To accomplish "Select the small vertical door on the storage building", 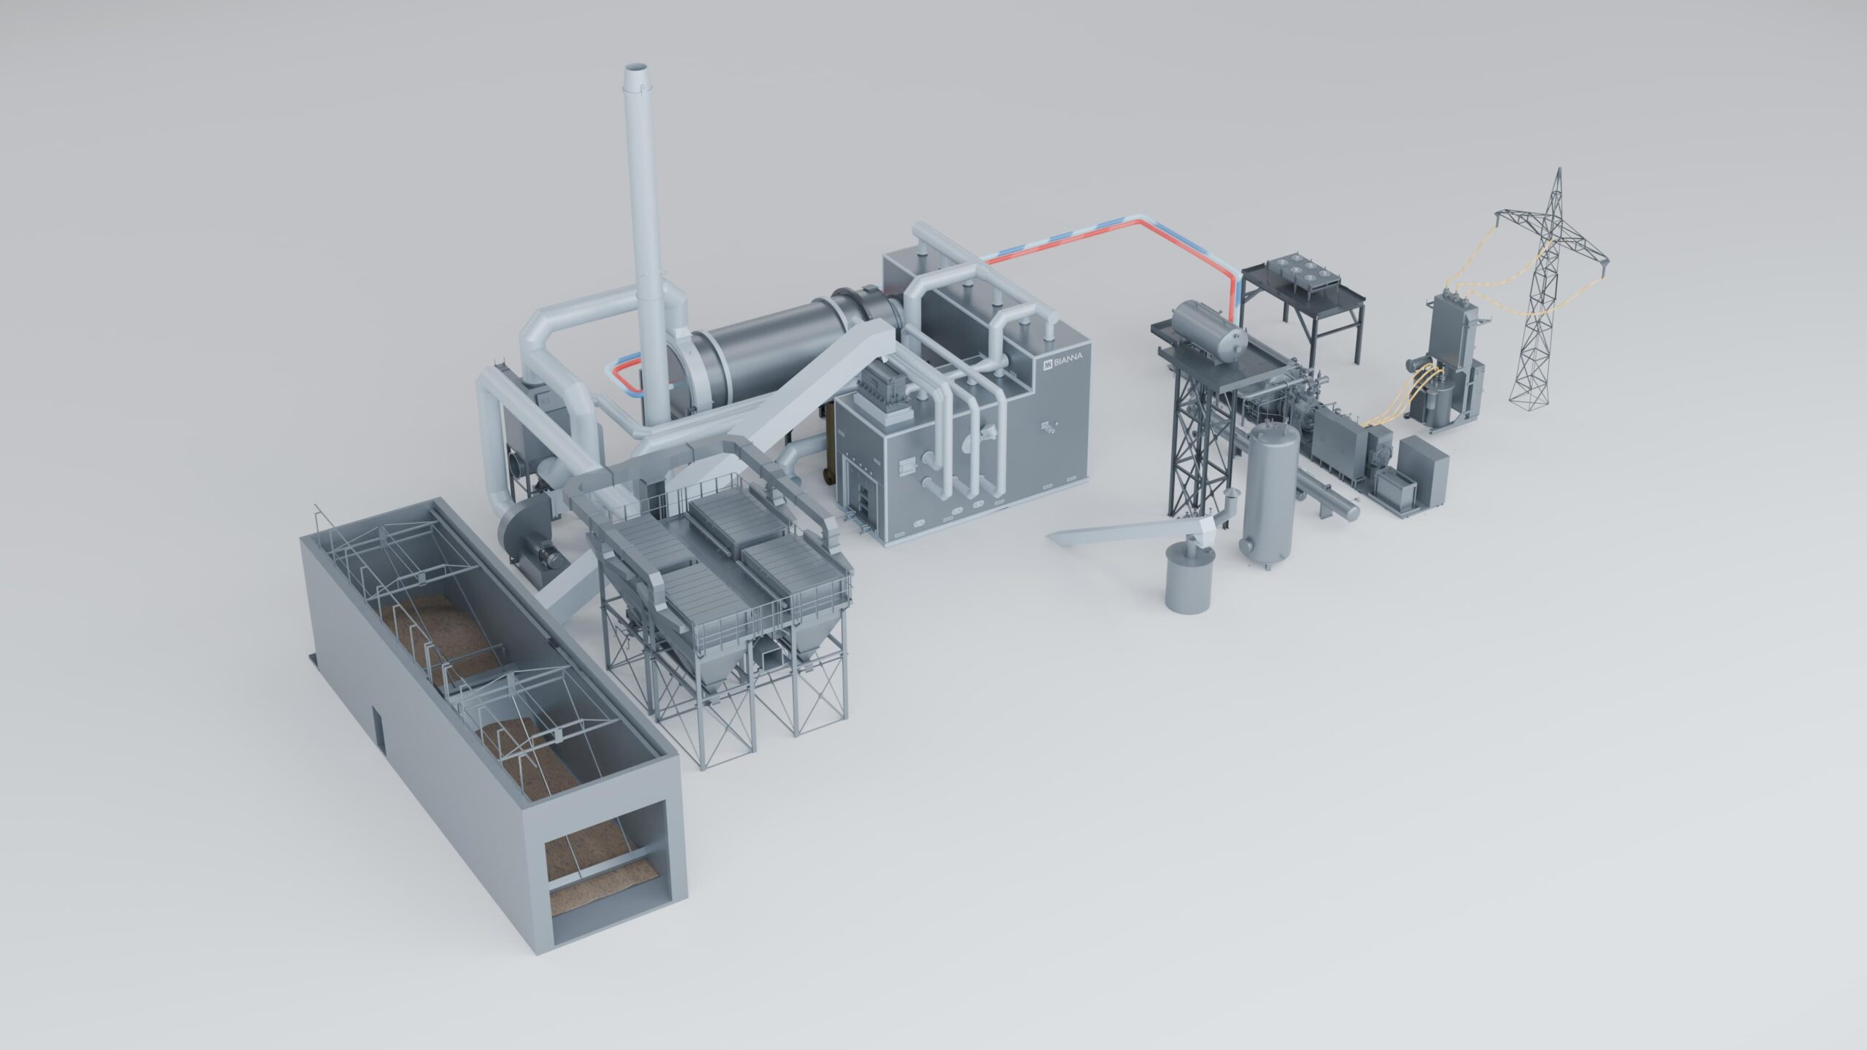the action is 379,731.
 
